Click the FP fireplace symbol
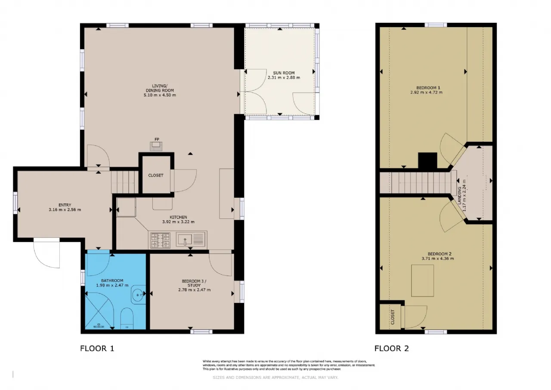[x=156, y=146]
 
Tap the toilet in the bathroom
[x=127, y=318]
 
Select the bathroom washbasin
[x=138, y=295]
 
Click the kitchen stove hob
[x=161, y=240]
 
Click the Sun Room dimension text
[x=284, y=78]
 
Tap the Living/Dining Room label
[x=160, y=88]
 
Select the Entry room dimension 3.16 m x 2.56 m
[x=65, y=210]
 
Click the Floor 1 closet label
[x=156, y=175]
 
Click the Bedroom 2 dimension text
[x=438, y=259]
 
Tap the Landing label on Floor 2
[x=459, y=196]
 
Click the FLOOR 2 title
[x=391, y=348]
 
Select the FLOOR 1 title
[x=97, y=348]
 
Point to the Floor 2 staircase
[x=418, y=183]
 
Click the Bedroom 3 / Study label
[x=194, y=283]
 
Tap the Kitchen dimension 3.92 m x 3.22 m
[x=178, y=222]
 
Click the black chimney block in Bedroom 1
[x=427, y=161]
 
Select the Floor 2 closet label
[x=392, y=317]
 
